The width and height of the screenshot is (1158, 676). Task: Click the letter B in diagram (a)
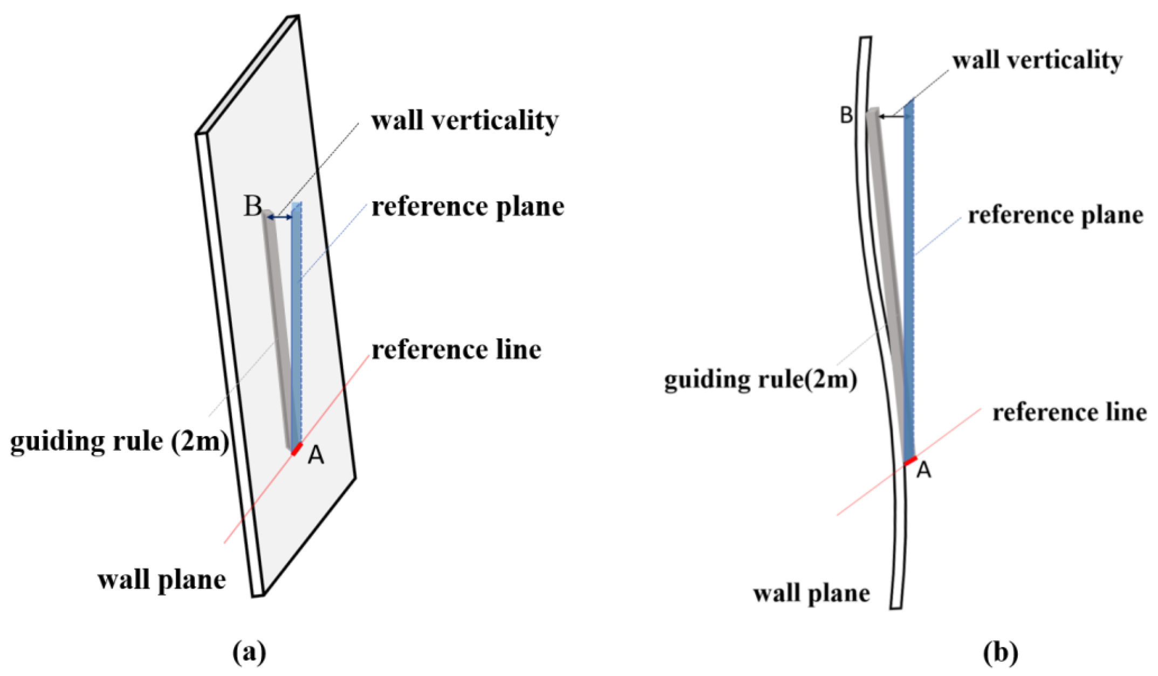[x=252, y=206]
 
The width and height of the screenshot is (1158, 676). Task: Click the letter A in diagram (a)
[x=316, y=456]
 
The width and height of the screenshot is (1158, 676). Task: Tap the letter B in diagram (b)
[x=847, y=115]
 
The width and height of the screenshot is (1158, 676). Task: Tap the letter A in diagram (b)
[x=924, y=471]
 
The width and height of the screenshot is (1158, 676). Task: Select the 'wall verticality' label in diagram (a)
[x=465, y=121]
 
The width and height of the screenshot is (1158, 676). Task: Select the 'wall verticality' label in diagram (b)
[x=1037, y=60]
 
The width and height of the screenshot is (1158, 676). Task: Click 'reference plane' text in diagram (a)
[x=468, y=207]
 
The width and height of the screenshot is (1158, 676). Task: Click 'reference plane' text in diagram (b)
[x=1056, y=216]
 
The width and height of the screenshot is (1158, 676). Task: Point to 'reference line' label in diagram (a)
[x=456, y=350]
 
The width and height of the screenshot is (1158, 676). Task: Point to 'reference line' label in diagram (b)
[x=1070, y=413]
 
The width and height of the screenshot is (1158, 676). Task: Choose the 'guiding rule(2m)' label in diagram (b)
[x=760, y=380]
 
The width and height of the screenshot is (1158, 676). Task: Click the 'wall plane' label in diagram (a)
[x=161, y=581]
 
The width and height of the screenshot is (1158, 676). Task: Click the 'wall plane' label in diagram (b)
[x=811, y=594]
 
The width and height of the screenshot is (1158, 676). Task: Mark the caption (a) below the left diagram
[x=249, y=652]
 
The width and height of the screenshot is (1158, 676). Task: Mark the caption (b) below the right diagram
[x=1001, y=652]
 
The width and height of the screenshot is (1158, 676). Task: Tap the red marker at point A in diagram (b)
[x=910, y=461]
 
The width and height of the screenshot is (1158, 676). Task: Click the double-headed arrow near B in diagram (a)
[x=280, y=217]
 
